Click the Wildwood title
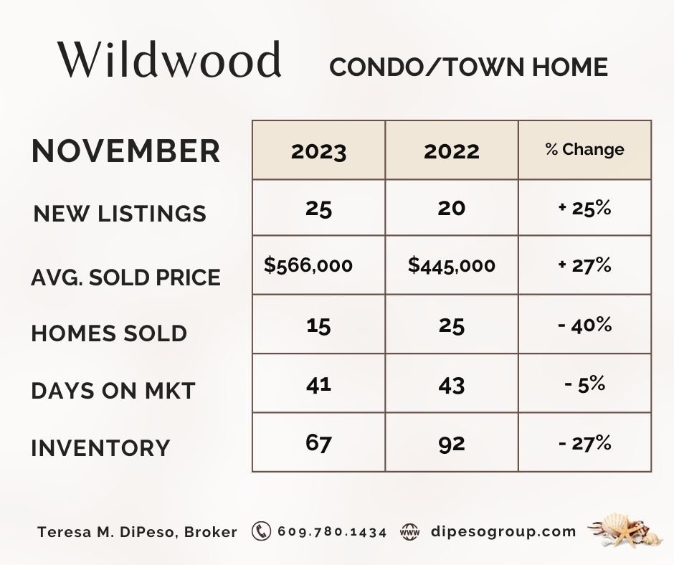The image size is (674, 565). click(x=170, y=60)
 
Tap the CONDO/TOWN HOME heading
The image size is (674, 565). click(x=468, y=67)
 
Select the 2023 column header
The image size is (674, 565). click(x=318, y=151)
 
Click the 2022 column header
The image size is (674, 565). click(x=452, y=151)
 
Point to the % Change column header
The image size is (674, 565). click(x=584, y=149)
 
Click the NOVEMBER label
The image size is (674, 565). click(x=126, y=151)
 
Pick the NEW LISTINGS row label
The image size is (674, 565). click(x=120, y=213)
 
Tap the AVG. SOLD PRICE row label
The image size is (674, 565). click(x=126, y=277)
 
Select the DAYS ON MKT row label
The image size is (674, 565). click(x=113, y=391)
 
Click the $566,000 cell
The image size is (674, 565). click(x=308, y=265)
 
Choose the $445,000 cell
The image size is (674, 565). click(x=451, y=265)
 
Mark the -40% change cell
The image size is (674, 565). click(x=584, y=325)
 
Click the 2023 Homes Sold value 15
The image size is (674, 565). click(x=318, y=326)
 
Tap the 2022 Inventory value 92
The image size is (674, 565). click(x=452, y=444)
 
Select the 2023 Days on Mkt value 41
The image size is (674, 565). click(x=318, y=384)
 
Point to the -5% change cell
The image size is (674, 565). click(x=584, y=384)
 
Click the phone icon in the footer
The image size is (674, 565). click(x=261, y=531)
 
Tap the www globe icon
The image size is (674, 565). click(x=409, y=532)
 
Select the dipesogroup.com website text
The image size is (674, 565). click(x=503, y=532)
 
